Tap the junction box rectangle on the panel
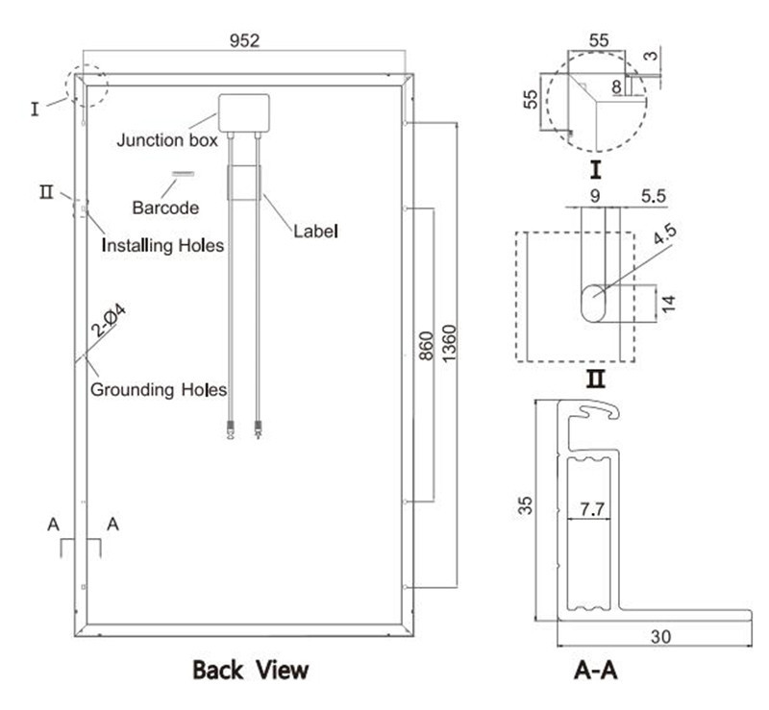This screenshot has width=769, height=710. [x=244, y=112]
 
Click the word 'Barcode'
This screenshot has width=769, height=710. [x=165, y=207]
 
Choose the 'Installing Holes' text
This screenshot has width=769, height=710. [x=162, y=246]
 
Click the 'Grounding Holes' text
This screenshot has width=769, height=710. [x=158, y=390]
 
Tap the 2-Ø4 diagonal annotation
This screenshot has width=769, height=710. [x=109, y=323]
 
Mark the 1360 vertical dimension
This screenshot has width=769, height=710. [x=449, y=345]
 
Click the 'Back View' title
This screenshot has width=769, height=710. [x=251, y=670]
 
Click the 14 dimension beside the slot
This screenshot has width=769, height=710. [x=669, y=304]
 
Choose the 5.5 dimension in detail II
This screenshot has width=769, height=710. [x=654, y=195]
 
